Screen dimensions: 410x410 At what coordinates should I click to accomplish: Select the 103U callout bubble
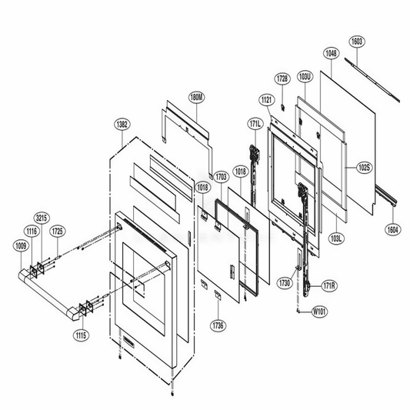(x=305, y=77)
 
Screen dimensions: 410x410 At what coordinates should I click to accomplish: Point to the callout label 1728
(x=282, y=79)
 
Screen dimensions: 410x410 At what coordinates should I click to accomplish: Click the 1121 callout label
(x=266, y=100)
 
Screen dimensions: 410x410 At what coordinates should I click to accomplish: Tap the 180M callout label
(x=197, y=98)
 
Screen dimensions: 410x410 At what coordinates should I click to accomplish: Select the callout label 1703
(x=220, y=176)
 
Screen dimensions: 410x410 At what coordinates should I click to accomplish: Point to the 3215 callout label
(x=42, y=217)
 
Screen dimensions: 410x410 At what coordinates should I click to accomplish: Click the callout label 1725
(x=58, y=231)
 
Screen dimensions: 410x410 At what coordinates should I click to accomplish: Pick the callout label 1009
(x=20, y=246)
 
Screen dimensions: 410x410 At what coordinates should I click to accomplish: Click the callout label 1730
(x=285, y=284)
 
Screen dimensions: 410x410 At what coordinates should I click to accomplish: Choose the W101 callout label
(x=319, y=312)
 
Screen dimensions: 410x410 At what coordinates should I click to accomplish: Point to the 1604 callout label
(x=392, y=229)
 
